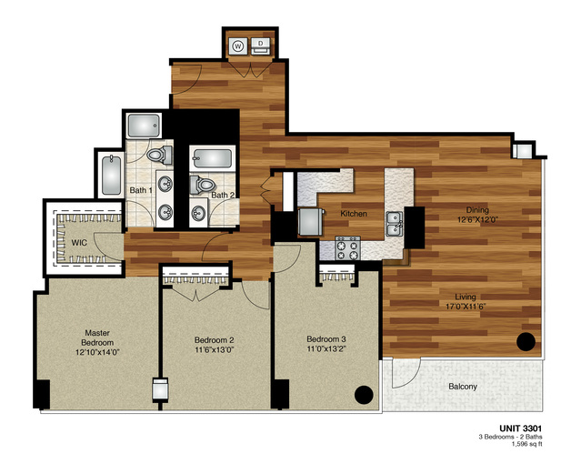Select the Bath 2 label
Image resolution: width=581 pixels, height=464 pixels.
click(224, 195)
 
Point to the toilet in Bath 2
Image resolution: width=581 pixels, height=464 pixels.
click(200, 186)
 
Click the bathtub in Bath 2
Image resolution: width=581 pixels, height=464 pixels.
click(214, 161)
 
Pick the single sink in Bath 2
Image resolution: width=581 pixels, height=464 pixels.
click(197, 214)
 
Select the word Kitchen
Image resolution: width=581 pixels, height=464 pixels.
click(354, 214)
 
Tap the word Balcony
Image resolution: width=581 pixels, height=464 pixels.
click(462, 386)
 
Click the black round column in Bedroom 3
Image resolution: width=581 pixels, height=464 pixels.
click(363, 395)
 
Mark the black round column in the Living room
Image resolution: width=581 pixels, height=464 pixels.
click(525, 342)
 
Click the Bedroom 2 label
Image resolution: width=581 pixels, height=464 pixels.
click(214, 342)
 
